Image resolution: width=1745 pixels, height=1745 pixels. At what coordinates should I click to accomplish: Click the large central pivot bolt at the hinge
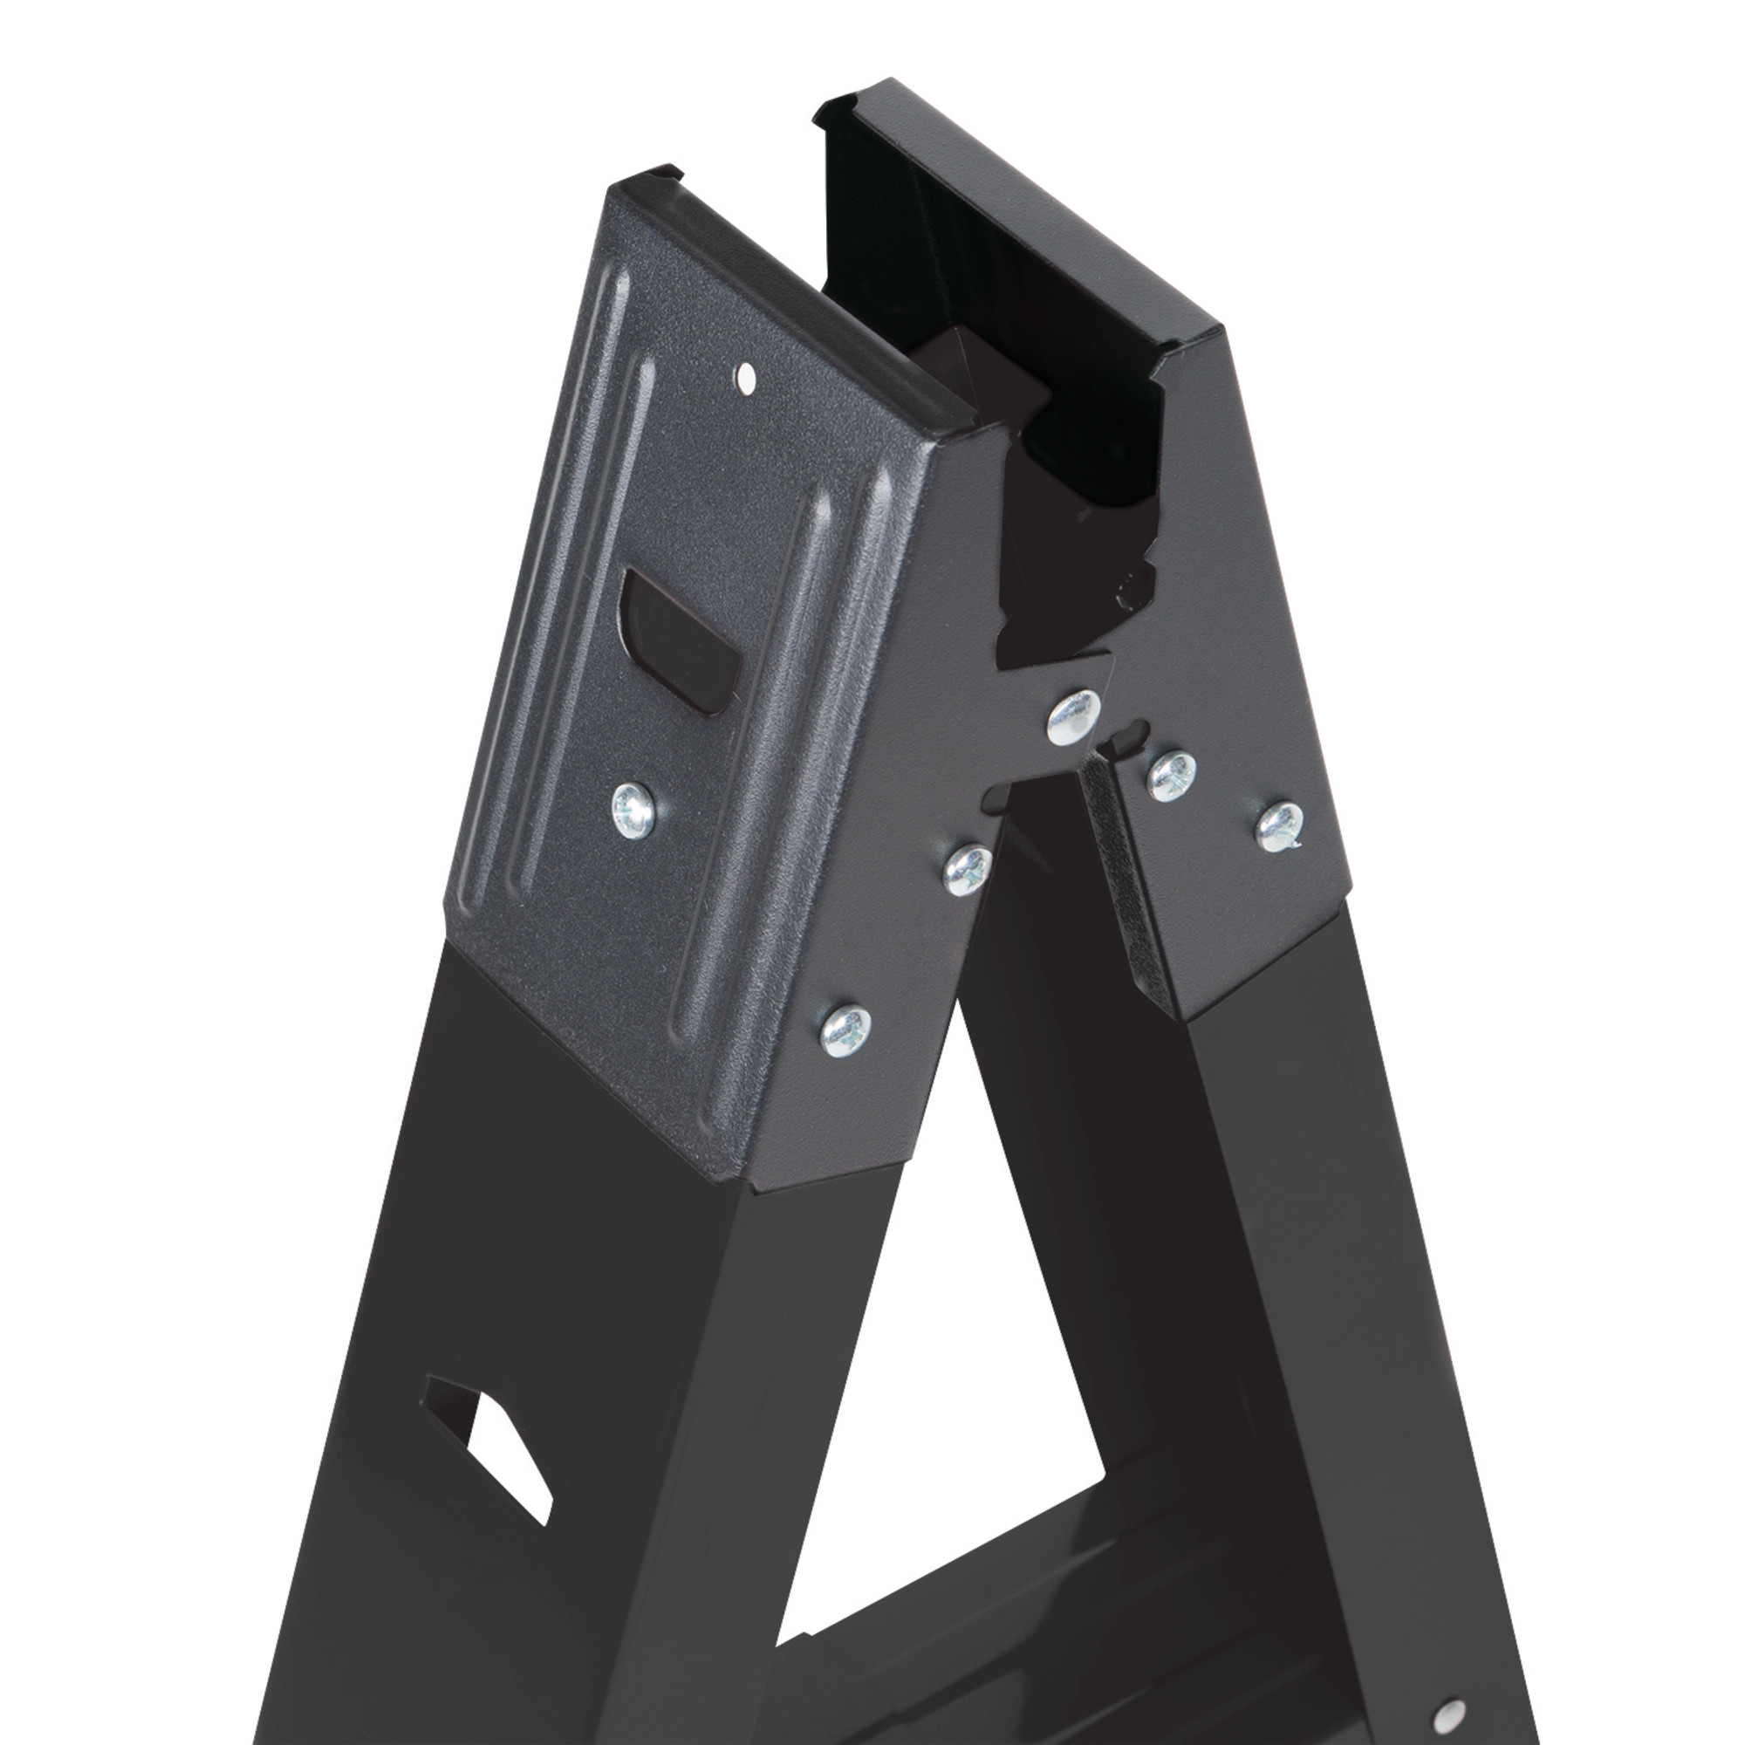point(1073,716)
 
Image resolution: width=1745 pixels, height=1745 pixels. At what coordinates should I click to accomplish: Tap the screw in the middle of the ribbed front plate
point(634,809)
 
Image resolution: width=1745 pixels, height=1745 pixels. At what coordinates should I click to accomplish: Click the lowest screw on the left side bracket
point(847,1030)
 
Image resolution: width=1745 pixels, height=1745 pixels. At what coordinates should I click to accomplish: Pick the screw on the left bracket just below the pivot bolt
point(967,871)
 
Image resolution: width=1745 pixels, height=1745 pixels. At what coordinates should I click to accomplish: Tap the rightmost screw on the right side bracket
point(1281,825)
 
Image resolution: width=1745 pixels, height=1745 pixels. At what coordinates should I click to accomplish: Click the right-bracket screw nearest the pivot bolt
point(1172,776)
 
